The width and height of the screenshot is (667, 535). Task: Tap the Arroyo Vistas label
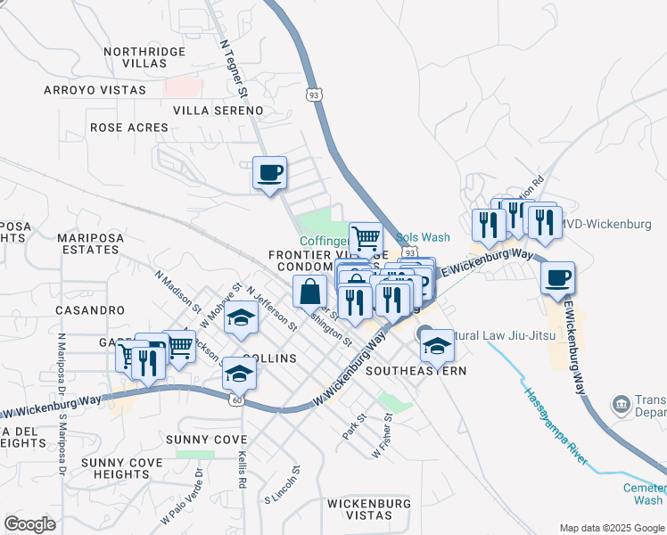[x=95, y=90]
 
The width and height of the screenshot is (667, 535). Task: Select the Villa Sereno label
[x=218, y=111]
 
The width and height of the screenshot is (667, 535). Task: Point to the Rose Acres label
[x=128, y=128]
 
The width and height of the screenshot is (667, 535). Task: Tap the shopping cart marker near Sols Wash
[x=366, y=238]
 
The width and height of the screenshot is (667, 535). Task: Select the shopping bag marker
[x=309, y=292]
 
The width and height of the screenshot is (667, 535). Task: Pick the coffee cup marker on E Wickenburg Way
[x=558, y=277]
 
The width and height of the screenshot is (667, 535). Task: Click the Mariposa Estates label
[x=86, y=243]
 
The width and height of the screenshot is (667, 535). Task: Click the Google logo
[x=29, y=524]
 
